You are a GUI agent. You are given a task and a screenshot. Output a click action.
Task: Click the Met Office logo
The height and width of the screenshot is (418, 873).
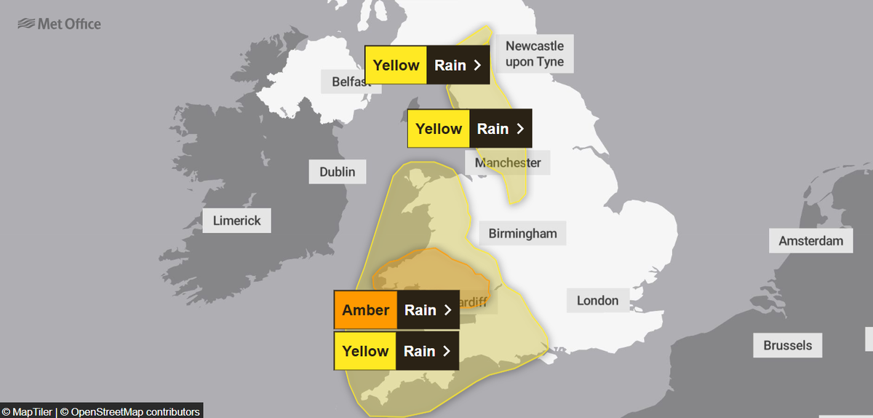click(60, 24)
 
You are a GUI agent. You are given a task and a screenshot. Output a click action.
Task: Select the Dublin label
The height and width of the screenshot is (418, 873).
click(338, 172)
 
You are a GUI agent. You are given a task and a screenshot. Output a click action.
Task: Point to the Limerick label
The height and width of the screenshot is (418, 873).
click(236, 220)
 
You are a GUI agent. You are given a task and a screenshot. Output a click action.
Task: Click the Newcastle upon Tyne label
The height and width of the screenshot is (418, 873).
click(535, 54)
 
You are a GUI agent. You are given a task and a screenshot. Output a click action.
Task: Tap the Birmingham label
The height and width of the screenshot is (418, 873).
click(522, 233)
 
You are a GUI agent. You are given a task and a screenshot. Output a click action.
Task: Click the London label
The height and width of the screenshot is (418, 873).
click(597, 300)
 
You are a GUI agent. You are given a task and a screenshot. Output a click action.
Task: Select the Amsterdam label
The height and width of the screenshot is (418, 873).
click(810, 240)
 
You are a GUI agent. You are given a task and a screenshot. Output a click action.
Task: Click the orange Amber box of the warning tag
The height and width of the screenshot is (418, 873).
click(366, 310)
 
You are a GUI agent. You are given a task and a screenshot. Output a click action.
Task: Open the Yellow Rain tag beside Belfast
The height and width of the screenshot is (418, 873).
click(428, 65)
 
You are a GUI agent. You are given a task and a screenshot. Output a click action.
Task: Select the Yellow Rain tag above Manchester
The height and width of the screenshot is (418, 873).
click(470, 129)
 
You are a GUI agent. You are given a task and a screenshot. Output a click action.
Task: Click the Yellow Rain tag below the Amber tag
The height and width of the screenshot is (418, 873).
click(396, 351)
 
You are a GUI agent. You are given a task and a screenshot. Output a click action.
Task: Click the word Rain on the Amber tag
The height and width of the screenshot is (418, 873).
click(420, 310)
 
